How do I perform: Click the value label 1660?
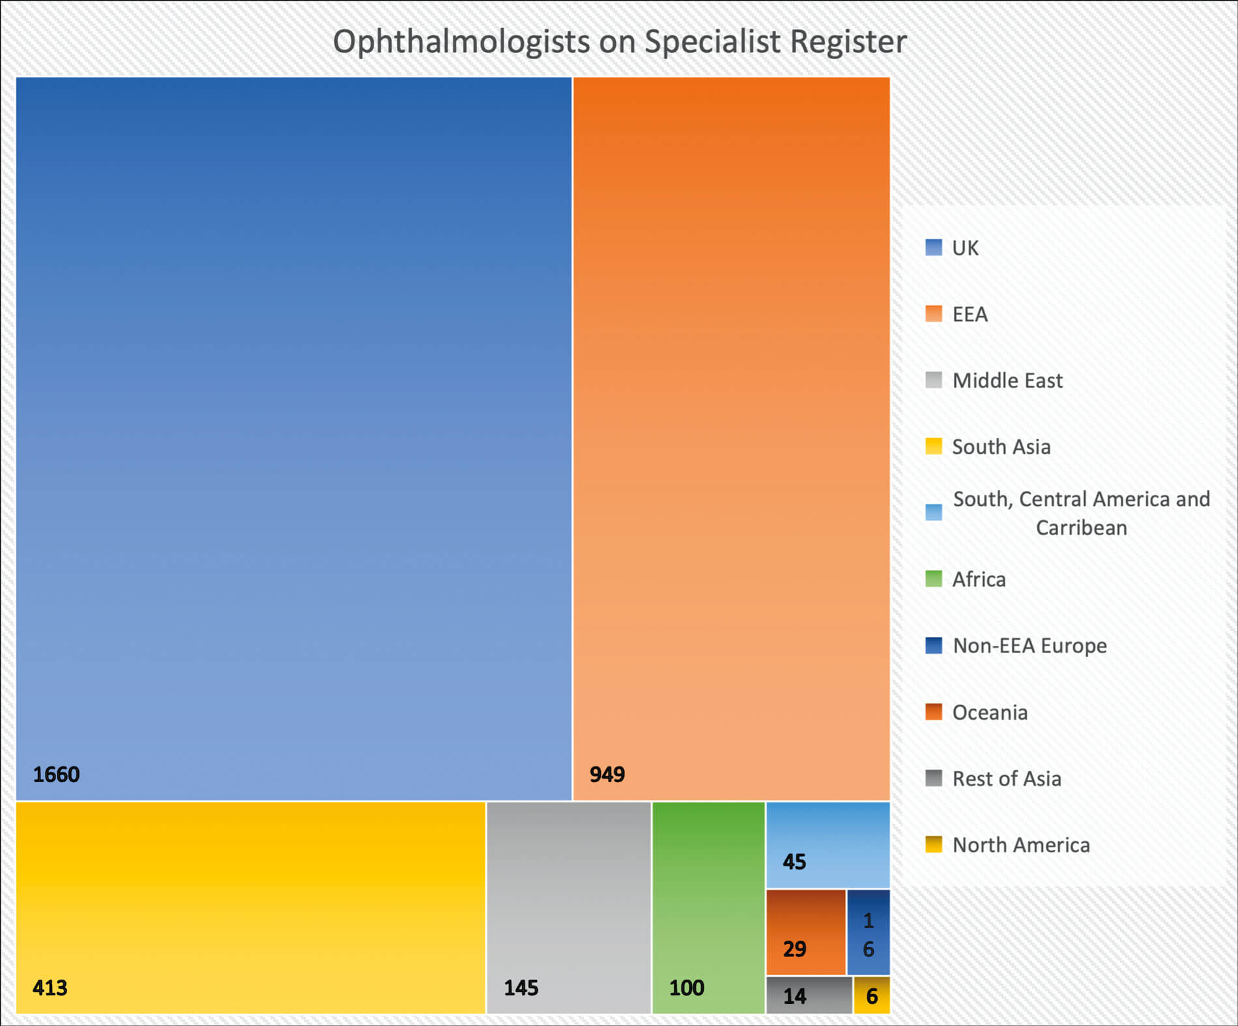[x=56, y=774]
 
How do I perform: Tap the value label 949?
[x=607, y=774]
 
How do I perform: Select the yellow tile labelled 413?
[x=250, y=907]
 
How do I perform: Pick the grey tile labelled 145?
[x=568, y=907]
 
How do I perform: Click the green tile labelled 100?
[x=708, y=907]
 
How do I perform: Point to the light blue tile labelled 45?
[x=828, y=845]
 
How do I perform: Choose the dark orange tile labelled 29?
[x=805, y=932]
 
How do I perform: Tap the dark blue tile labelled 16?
[x=869, y=932]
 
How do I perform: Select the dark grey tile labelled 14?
[x=809, y=995]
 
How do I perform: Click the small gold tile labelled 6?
[x=872, y=995]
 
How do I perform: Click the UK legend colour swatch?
[x=933, y=248]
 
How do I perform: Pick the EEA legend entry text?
[x=970, y=314]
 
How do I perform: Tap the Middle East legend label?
[x=1007, y=381]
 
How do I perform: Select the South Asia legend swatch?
[x=933, y=447]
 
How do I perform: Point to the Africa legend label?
[x=979, y=579]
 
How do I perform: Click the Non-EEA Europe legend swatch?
[x=933, y=645]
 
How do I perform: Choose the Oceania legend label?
[x=989, y=712]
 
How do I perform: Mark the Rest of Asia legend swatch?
[x=933, y=778]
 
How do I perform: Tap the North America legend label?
[x=1020, y=845]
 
